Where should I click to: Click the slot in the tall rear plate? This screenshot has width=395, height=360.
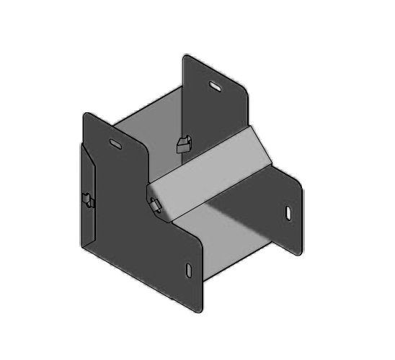216,86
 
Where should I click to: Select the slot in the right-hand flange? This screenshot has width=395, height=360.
288,213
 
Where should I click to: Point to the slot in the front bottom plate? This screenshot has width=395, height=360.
189,270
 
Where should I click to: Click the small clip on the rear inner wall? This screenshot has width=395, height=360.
182,143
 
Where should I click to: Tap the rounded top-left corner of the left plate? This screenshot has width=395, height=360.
86,117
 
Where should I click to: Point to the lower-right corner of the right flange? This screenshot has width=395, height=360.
296,253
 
